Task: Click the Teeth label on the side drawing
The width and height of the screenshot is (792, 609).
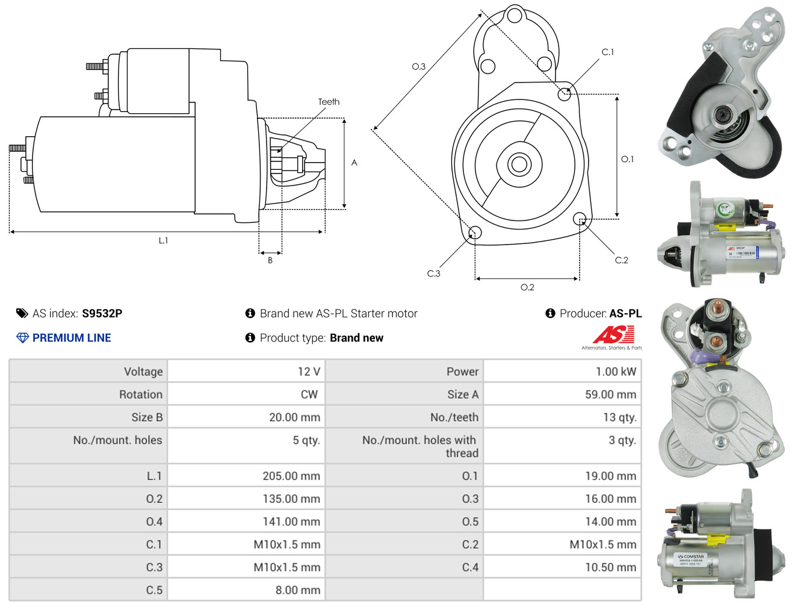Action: [329, 102]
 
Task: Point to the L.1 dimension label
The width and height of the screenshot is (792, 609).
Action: [163, 240]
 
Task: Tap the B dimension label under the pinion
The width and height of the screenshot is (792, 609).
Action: [270, 260]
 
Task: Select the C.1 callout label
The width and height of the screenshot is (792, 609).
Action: [608, 52]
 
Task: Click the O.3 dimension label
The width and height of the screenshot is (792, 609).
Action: [418, 67]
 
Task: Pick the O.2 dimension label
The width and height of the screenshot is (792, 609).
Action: [527, 287]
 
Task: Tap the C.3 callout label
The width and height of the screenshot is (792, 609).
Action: [433, 273]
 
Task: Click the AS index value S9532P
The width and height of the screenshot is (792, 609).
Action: [102, 313]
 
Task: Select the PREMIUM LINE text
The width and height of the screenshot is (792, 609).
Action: [72, 338]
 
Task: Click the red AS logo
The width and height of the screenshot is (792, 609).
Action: [613, 334]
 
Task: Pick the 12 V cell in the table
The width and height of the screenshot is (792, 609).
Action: [309, 372]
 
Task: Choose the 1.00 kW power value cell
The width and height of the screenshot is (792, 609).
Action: [616, 372]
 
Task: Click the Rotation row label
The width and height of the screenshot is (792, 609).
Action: [141, 395]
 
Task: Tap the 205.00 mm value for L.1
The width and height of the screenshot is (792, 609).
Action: [291, 476]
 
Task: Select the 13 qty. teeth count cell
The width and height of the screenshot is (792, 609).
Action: [620, 417]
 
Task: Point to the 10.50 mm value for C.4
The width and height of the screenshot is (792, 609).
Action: [610, 567]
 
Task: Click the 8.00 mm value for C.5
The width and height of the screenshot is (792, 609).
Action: [298, 590]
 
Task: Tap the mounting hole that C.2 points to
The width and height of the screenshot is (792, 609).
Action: [579, 218]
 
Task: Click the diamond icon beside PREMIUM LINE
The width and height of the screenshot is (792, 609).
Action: [22, 338]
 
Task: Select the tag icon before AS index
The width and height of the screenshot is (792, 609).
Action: [22, 313]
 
